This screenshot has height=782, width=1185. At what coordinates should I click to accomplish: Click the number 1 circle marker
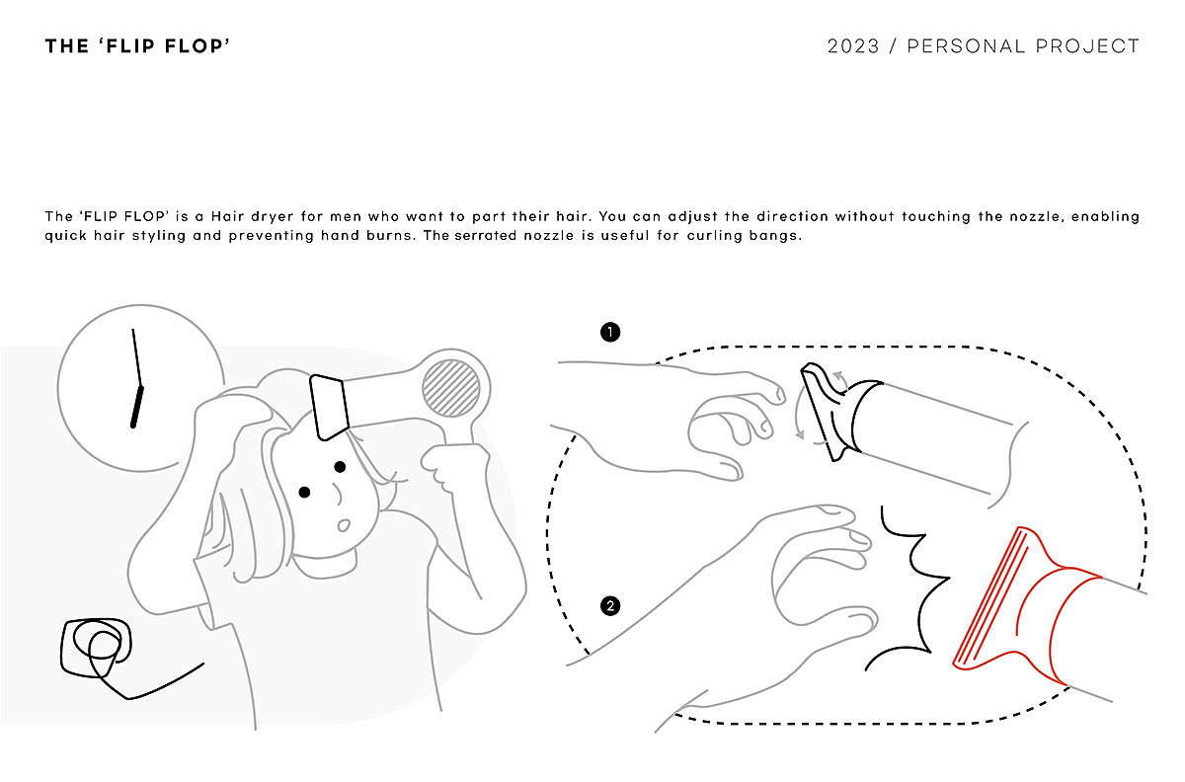(x=610, y=333)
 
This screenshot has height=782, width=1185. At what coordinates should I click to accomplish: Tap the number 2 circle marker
(x=610, y=606)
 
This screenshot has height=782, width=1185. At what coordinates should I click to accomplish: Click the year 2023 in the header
(x=853, y=46)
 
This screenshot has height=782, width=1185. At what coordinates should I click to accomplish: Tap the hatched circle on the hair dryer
(x=450, y=388)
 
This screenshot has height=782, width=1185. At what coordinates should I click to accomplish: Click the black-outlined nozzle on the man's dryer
(x=329, y=407)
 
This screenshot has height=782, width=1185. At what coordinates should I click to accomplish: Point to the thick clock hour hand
(x=136, y=407)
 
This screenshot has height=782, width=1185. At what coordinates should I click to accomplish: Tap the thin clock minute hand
(x=136, y=357)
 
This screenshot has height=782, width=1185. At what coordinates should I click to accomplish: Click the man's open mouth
(x=344, y=525)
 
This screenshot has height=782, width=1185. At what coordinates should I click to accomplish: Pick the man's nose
(x=337, y=495)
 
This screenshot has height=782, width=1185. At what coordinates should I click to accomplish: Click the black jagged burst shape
(x=907, y=588)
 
